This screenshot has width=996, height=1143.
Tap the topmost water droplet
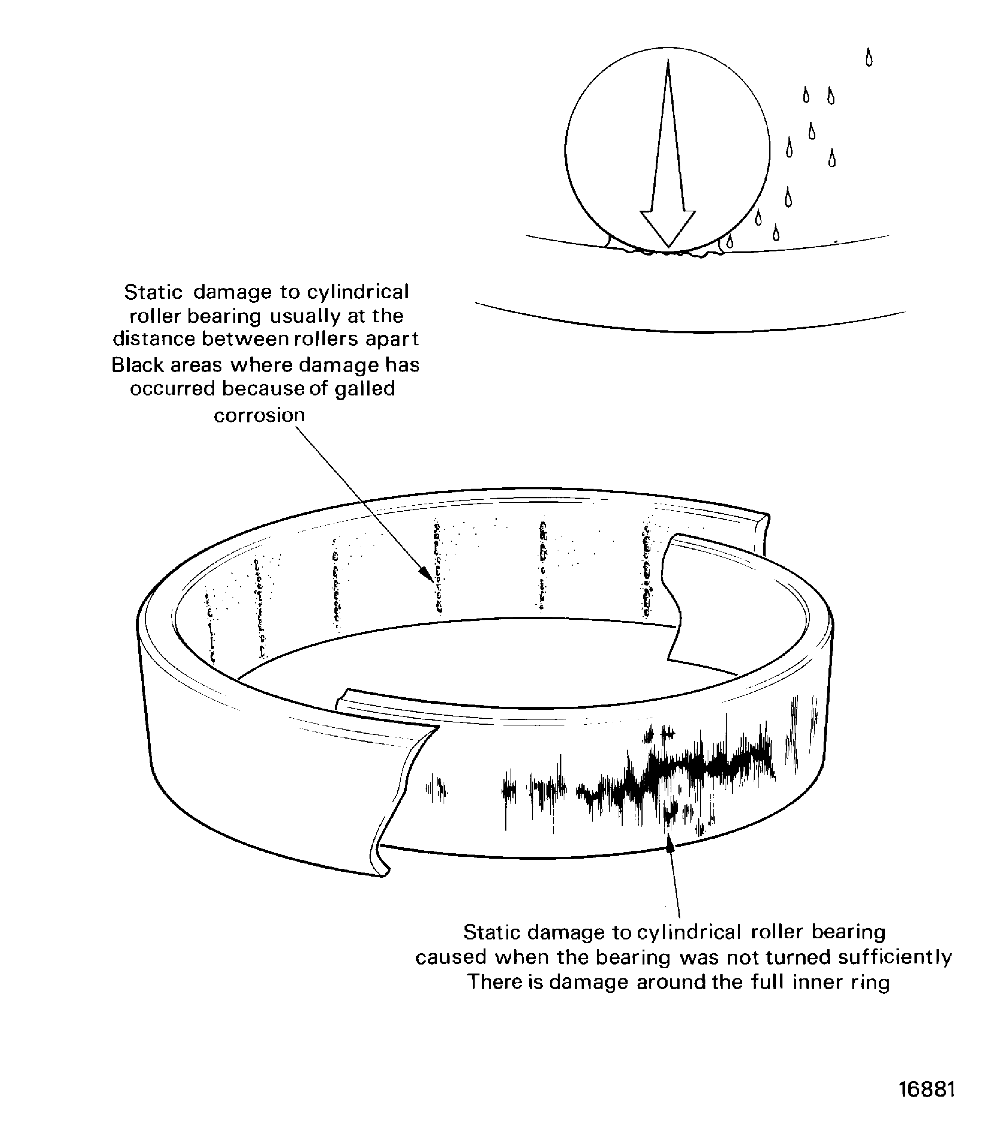(869, 58)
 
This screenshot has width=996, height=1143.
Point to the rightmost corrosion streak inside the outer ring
(646, 570)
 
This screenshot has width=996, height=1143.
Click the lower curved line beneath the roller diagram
(689, 330)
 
